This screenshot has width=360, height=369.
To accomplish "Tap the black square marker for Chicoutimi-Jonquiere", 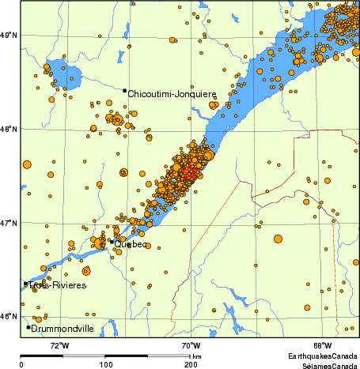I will coord(124,91).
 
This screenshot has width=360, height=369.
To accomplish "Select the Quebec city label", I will coord(131,244).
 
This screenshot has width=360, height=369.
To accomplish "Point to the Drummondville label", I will coord(63,329).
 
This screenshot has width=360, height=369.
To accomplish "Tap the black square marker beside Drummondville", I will coord(28,327).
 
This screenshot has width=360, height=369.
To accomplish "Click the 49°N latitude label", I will coord(9,35).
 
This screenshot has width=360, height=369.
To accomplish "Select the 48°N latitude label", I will coord(9,129).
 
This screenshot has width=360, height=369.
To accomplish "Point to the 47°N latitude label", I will coord(9,223).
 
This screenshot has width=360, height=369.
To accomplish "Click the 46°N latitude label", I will coord(9,317).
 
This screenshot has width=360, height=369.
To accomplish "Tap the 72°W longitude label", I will coord(59,345).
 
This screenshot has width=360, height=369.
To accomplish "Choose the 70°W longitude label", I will coord(190,345).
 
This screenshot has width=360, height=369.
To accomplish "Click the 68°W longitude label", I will coord(321,345).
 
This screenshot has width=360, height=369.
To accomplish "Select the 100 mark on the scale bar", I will coord(105,365).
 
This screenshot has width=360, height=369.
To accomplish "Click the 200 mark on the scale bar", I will coord(191,365).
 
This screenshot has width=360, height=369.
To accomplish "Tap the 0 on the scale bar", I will coord(21,365).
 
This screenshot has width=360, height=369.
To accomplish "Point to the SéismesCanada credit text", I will coord(323,365).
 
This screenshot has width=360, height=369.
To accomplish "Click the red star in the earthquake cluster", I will coord(189,172).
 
